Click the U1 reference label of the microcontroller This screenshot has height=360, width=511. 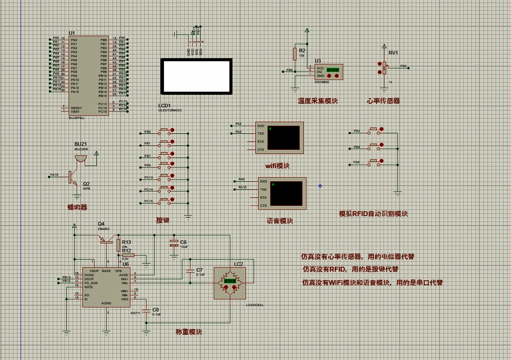click(72, 33)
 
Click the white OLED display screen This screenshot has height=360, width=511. click(196, 76)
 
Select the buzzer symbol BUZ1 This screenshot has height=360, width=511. click(81, 157)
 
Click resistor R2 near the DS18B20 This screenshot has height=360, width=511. click(295, 54)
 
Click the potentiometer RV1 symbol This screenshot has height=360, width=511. click(384, 68)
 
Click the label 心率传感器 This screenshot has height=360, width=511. click(383, 101)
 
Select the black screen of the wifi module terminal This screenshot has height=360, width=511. click(283, 137)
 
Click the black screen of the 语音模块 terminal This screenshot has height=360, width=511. click(286, 193)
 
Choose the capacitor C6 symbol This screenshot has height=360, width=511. click(174, 243)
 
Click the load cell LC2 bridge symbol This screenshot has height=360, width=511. click(230, 283)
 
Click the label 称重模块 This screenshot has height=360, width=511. click(189, 332)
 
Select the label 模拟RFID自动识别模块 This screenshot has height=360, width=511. click(373, 214)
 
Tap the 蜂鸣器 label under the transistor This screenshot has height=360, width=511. click(77, 207)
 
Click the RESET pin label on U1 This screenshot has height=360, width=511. click(77, 108)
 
